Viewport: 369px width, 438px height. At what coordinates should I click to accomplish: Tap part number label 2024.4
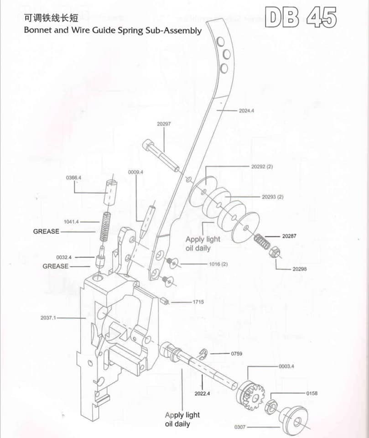click(x=246, y=110)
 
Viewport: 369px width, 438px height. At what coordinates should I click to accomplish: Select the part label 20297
click(x=163, y=124)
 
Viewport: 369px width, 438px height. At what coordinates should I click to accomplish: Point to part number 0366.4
click(x=73, y=177)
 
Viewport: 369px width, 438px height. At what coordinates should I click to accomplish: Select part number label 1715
click(x=198, y=302)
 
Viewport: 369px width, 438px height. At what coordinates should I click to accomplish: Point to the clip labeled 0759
click(x=204, y=352)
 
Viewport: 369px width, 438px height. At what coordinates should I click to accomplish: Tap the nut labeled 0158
click(x=270, y=404)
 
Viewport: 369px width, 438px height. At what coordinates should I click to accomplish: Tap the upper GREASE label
click(x=46, y=231)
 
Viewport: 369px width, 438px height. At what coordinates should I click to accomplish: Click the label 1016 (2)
click(x=218, y=265)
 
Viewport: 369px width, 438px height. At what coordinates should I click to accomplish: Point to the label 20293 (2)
click(x=273, y=197)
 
